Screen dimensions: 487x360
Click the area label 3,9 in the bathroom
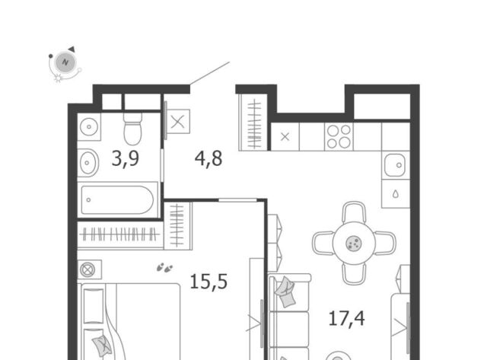pyautogui.click(x=125, y=160)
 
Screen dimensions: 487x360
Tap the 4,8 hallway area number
pyautogui.click(x=208, y=159)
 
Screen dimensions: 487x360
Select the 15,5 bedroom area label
pyautogui.click(x=208, y=282)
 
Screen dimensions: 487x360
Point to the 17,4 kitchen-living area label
pyautogui.click(x=346, y=319)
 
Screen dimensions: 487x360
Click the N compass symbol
pyautogui.click(x=65, y=62)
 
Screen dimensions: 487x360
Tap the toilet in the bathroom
pyautogui.click(x=132, y=129)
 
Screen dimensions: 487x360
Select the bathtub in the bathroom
pyautogui.click(x=117, y=199)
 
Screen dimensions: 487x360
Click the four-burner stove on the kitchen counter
pyautogui.click(x=339, y=136)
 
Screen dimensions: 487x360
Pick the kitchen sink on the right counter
pyautogui.click(x=395, y=165)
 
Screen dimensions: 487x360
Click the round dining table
pyautogui.click(x=354, y=243)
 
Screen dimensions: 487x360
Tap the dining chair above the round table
pyautogui.click(x=354, y=212)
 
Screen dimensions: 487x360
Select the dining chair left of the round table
pyautogui.click(x=323, y=243)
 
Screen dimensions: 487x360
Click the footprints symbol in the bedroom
pyautogui.click(x=164, y=267)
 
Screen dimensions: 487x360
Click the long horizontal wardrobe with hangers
pyautogui.click(x=120, y=234)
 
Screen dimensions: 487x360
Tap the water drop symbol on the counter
pyautogui.click(x=396, y=194)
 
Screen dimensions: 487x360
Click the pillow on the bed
pyautogui.click(x=102, y=346)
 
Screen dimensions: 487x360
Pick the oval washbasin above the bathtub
pyautogui.click(x=88, y=162)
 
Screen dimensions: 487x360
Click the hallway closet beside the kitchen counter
pyautogui.click(x=253, y=123)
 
